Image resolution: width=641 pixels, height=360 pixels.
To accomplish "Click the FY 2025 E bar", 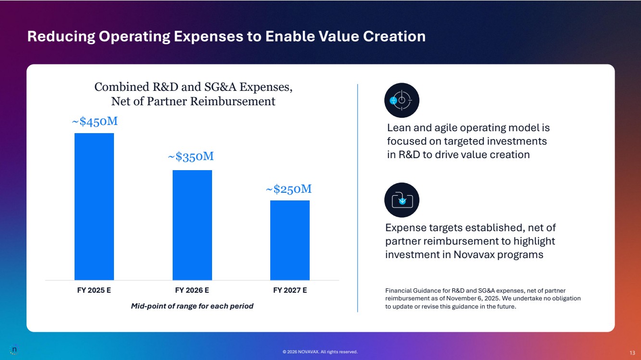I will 94,206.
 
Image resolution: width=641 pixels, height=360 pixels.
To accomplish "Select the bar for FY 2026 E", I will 192,224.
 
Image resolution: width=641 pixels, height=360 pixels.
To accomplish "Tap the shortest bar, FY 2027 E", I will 290,240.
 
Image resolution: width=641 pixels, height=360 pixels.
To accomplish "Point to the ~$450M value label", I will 95,122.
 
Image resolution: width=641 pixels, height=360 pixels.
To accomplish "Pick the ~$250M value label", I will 289,189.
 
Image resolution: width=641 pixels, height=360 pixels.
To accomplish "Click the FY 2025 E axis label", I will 94,290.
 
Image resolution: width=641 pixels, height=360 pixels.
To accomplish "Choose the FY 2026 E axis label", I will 192,290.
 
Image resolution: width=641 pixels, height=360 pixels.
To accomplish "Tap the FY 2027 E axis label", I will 290,290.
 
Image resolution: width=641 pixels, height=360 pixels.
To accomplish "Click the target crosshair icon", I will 402,100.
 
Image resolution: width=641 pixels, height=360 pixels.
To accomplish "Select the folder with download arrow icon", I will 402,200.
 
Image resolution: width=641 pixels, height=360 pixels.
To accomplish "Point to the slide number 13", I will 632,352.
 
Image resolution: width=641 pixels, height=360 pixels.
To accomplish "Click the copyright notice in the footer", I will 320,352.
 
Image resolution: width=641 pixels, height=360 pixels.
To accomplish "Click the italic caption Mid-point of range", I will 192,306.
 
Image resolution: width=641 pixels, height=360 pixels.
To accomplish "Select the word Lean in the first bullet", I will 399,128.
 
